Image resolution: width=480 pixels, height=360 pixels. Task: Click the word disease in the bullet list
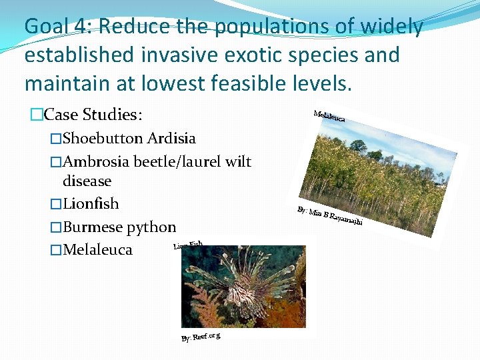[x=87, y=181]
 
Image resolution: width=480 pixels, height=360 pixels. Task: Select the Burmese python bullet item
[x=119, y=227]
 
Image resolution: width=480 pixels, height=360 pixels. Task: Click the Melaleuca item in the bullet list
[x=97, y=250]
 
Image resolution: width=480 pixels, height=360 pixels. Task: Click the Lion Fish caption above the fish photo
[x=188, y=245]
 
